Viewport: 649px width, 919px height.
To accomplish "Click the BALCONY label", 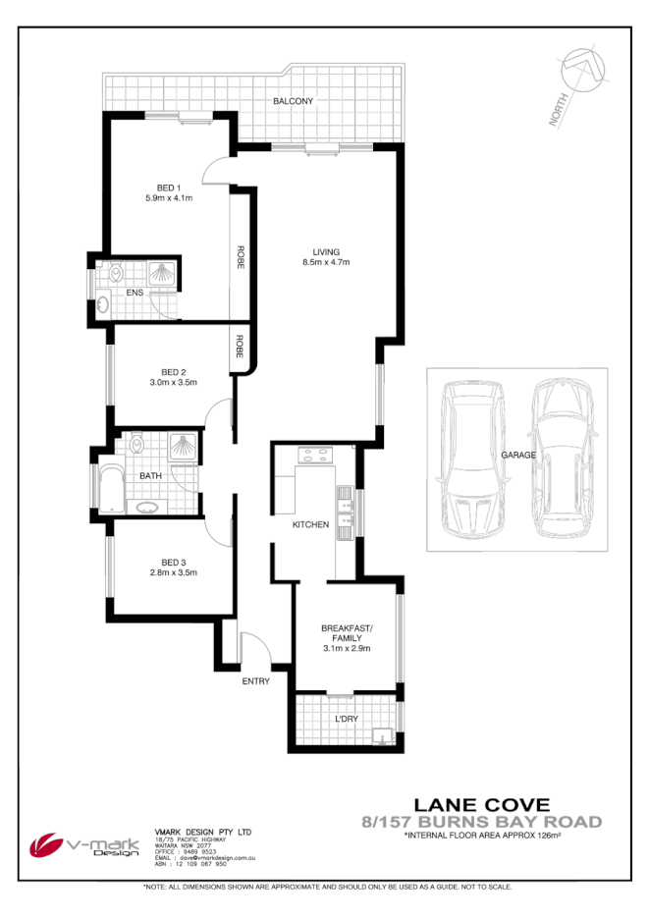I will [294, 101].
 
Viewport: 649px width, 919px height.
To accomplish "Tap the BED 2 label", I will [174, 372].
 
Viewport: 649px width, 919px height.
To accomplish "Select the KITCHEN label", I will [310, 525].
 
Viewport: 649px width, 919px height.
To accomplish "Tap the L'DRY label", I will [347, 720].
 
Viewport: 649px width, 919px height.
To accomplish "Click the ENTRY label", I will [255, 681].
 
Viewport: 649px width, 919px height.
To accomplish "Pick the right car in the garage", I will [562, 457].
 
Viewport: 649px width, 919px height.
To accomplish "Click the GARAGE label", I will [517, 456].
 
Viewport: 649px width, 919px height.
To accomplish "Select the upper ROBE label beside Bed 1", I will [240, 257].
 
